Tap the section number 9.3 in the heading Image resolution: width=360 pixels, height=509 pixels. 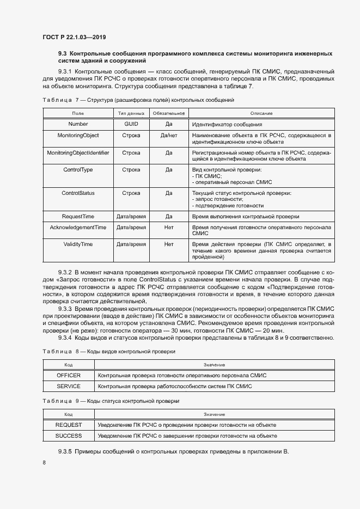63,53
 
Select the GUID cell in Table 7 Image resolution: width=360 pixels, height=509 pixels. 131,124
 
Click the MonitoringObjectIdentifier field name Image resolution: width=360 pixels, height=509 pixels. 78,153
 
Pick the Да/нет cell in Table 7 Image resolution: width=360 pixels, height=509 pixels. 169,134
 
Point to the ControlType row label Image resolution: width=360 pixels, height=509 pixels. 78,170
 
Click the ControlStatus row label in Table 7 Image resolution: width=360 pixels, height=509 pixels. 78,193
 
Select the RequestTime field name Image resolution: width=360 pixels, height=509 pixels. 78,216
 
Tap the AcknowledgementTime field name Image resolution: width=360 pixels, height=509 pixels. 78,226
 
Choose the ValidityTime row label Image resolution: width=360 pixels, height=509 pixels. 78,244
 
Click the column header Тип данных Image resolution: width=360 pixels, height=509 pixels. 131,113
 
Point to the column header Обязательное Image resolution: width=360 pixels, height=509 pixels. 169,113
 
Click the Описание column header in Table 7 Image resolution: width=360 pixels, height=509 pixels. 261,113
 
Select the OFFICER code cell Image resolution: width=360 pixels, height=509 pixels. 69,376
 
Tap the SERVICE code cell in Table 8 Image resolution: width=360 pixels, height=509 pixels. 69,387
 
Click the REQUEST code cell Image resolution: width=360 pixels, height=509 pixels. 69,425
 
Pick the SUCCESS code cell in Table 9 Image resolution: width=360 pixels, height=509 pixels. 69,436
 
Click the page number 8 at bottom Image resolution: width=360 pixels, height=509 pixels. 44,463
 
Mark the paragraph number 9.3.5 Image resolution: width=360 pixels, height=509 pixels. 65,452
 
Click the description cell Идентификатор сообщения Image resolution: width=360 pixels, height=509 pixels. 223,124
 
